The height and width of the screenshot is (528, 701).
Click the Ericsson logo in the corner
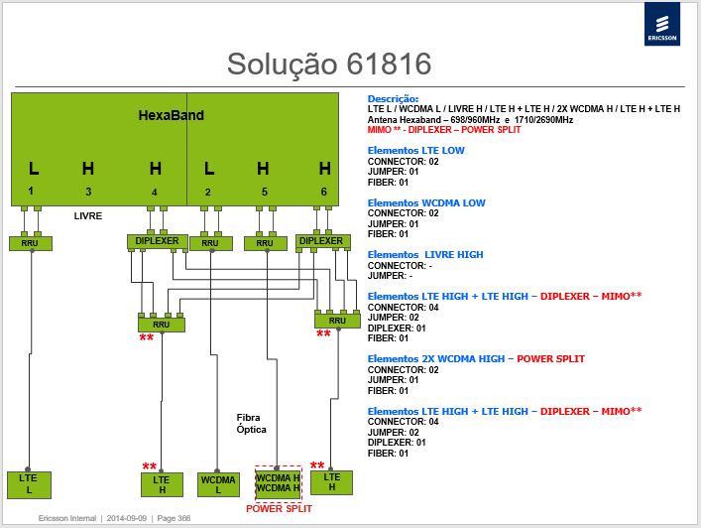[x=662, y=24]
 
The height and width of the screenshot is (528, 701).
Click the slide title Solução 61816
[x=329, y=64]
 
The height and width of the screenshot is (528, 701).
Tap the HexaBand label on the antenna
[x=172, y=115]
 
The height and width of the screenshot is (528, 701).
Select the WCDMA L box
[x=218, y=484]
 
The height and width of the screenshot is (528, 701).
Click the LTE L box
[x=29, y=484]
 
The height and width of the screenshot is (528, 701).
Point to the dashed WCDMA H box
[x=278, y=483]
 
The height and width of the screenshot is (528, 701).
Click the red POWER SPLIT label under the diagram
[x=279, y=509]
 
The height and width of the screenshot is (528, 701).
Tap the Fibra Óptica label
[x=251, y=424]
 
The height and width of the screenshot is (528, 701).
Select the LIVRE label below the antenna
[x=88, y=216]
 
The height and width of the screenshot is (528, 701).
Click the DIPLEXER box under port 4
[x=157, y=241]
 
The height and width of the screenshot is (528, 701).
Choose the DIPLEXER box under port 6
[x=322, y=241]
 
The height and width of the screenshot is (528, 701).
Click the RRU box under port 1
[x=31, y=243]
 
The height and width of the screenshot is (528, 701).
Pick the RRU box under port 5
[x=266, y=243]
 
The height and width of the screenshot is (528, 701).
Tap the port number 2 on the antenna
[x=208, y=192]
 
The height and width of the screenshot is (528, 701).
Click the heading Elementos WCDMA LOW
[x=426, y=203]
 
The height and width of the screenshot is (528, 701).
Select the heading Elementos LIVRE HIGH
[x=425, y=255]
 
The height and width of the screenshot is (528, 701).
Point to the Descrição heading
[x=393, y=99]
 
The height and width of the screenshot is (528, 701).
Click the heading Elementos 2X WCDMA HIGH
[x=436, y=359]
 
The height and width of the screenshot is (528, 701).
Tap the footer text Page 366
[x=174, y=518]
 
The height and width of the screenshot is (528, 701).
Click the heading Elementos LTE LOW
[x=415, y=151]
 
